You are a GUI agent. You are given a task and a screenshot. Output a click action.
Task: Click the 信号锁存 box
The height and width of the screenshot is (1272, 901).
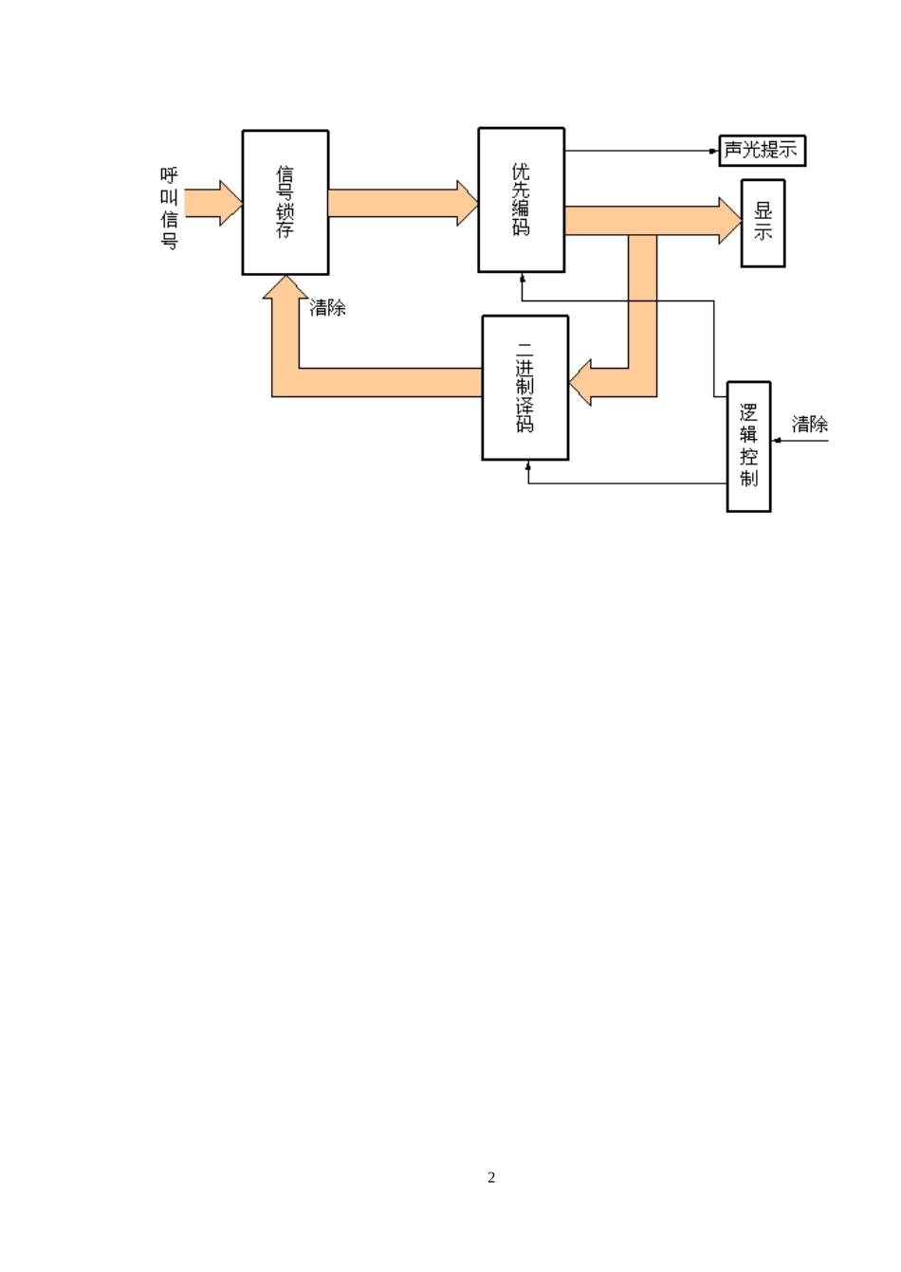pyautogui.click(x=285, y=203)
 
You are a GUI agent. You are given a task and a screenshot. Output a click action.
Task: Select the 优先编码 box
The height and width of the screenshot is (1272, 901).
pyautogui.click(x=522, y=200)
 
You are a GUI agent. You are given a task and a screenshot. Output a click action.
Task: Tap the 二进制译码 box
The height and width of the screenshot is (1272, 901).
pyautogui.click(x=525, y=388)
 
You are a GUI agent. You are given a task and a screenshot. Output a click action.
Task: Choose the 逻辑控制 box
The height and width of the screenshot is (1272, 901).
pyautogui.click(x=748, y=446)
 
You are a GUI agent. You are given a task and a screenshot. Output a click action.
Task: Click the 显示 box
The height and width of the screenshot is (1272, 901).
pyautogui.click(x=763, y=223)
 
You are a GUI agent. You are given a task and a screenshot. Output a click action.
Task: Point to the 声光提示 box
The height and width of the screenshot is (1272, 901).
pyautogui.click(x=762, y=151)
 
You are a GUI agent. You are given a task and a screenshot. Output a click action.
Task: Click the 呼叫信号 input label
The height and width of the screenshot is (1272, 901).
pyautogui.click(x=169, y=208)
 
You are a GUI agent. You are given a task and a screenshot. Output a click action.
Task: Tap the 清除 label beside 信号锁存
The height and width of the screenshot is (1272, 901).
pyautogui.click(x=328, y=308)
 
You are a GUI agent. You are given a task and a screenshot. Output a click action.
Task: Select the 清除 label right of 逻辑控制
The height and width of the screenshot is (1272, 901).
pyautogui.click(x=810, y=424)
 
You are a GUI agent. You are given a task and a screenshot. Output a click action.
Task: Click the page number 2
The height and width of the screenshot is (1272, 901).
pyautogui.click(x=491, y=1177)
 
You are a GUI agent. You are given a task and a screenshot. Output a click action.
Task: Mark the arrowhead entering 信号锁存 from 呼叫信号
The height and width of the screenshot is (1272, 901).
pyautogui.click(x=230, y=203)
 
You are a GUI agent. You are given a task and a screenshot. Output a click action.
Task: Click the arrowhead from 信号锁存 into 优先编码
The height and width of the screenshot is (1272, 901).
pyautogui.click(x=468, y=203)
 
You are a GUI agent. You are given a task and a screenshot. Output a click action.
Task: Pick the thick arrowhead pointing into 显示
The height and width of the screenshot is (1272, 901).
pyautogui.click(x=730, y=221)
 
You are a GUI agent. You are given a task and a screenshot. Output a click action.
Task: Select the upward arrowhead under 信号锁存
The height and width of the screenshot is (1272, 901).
pyautogui.click(x=285, y=286)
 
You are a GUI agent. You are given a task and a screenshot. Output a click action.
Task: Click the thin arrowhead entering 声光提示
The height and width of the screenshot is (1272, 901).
pyautogui.click(x=714, y=151)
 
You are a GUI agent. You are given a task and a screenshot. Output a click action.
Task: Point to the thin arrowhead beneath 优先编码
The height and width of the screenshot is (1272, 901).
pyautogui.click(x=522, y=277)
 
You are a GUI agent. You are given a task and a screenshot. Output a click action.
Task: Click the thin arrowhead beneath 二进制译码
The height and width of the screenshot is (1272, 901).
pyautogui.click(x=527, y=464)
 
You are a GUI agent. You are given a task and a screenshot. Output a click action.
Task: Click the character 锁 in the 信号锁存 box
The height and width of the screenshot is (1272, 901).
pyautogui.click(x=285, y=211)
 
